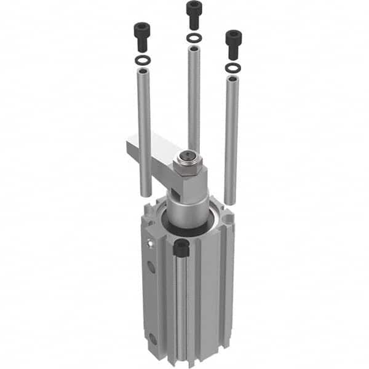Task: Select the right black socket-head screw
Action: pyautogui.click(x=234, y=43)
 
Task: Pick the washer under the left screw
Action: pyautogui.click(x=142, y=60)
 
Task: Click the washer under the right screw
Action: pyautogui.click(x=233, y=67)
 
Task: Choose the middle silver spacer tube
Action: pyautogui.click(x=194, y=98)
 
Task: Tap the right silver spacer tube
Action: pyautogui.click(x=231, y=138)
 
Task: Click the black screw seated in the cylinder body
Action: pyautogui.click(x=181, y=248)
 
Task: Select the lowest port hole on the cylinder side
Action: pyautogui.click(x=152, y=338)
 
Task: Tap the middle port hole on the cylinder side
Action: pyautogui.click(x=151, y=266)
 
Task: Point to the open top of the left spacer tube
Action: pyautogui.click(x=143, y=72)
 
